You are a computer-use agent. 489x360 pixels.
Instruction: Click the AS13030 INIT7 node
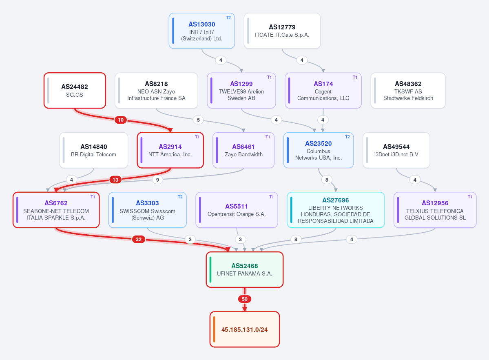[202, 31]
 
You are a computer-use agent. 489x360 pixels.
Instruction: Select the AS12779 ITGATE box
[282, 31]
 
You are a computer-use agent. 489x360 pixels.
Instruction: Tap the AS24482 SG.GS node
[75, 91]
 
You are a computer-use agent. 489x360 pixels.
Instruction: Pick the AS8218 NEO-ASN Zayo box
[156, 91]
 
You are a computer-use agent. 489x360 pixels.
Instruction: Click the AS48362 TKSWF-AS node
[408, 91]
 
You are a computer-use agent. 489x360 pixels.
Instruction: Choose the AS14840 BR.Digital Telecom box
[93, 150]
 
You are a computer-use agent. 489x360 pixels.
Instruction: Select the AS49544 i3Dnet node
[396, 150]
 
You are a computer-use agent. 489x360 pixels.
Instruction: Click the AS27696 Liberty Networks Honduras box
[336, 210]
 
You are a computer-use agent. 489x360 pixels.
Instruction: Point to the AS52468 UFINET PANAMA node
[245, 269]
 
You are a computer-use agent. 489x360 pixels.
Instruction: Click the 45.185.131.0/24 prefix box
[245, 329]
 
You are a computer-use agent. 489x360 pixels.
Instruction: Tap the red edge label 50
[245, 299]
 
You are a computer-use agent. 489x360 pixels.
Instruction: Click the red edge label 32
[139, 240]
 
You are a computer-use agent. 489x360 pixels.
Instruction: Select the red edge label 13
[115, 180]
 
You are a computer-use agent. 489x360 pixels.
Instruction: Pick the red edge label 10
[121, 120]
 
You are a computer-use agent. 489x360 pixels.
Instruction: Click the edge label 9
[157, 180]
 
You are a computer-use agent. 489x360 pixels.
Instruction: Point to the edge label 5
[198, 120]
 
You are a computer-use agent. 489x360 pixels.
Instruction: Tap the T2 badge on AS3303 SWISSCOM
[180, 197]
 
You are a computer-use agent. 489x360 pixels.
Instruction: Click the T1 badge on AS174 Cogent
[355, 78]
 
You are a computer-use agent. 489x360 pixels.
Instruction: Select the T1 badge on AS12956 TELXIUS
[470, 197]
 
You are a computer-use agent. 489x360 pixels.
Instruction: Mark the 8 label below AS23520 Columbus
[327, 180]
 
